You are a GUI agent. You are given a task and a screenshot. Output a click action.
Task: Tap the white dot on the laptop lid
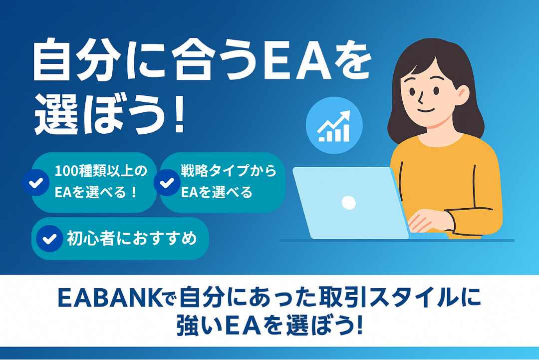coord(348,203)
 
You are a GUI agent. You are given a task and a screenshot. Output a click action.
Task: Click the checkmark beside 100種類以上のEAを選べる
coord(36,183)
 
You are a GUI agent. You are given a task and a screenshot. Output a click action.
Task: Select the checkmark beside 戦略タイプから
coord(167,183)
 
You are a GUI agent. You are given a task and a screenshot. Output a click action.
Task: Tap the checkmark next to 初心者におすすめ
coord(49,239)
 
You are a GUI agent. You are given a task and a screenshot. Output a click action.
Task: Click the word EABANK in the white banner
coord(110,298)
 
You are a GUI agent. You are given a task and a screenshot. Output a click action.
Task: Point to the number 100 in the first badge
coord(67,171)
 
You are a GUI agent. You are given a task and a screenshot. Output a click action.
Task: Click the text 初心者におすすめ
coord(132,239)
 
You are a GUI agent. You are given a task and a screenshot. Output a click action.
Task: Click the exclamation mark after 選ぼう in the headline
coord(179,115)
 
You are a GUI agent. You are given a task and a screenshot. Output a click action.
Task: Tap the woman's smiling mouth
coord(426,110)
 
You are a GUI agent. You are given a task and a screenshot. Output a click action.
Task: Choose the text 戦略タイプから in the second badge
coord(229,171)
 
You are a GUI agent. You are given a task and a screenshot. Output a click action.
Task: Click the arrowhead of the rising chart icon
coord(345,115)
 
